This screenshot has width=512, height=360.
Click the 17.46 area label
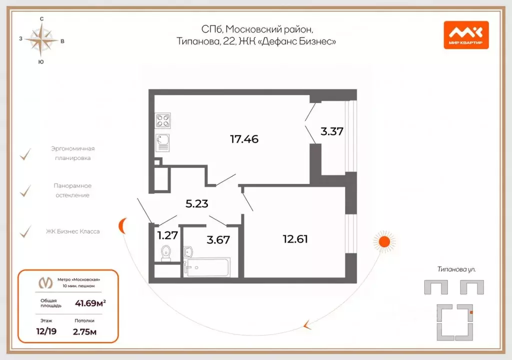244,139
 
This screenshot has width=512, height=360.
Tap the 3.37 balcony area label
332,132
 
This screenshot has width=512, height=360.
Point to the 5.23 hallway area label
196,204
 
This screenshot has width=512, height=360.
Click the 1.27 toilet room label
167,235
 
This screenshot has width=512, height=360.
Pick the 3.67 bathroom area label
218,239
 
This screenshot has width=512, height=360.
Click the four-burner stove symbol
163,120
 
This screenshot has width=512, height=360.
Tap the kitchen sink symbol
163,142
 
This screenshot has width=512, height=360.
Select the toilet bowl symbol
166,254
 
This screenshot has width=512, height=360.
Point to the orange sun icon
384,241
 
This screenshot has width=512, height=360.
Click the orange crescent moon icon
122,226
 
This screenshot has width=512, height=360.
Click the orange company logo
465,35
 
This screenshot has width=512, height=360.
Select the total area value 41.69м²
90,302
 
